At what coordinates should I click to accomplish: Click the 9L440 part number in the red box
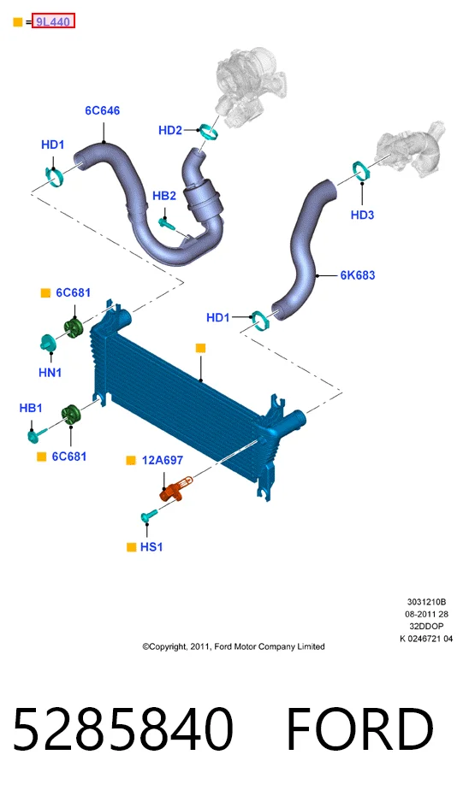pos(53,22)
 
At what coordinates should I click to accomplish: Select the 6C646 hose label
pos(102,110)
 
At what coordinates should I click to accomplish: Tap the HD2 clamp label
pos(170,131)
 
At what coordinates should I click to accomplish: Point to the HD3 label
pos(362,215)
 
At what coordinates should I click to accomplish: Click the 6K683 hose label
pos(358,275)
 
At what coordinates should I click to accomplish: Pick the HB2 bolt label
pos(164,196)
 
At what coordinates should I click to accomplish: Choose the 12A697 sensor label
pos(163,461)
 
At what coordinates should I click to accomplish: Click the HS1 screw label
pos(151,547)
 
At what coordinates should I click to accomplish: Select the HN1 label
pos(50,373)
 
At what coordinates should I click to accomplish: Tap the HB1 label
pos(31,408)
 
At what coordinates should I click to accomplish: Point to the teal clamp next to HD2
pos(208,132)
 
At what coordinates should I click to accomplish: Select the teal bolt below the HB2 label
pos(167,223)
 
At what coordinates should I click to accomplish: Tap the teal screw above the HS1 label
pos(148,516)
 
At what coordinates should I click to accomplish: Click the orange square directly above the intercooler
pos(201,348)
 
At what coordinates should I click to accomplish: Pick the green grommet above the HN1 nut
pos(74,328)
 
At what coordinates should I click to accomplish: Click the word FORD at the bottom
pos(359,729)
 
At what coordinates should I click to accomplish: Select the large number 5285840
pos(123,729)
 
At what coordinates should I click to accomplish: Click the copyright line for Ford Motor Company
pos(234,646)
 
